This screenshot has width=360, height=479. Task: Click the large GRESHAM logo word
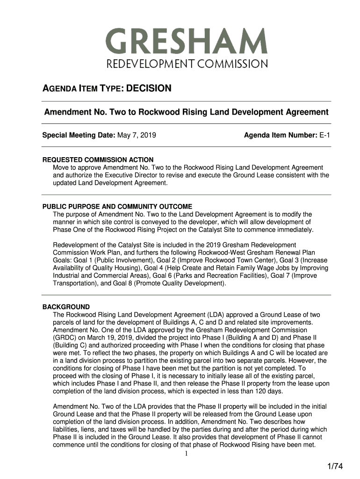pos(186,42)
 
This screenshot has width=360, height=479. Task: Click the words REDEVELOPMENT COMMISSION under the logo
pos(186,64)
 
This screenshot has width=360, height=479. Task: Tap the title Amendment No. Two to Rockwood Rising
pos(186,112)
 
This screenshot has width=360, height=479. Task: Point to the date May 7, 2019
pos(137,136)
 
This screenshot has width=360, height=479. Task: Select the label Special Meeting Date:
pos(79,136)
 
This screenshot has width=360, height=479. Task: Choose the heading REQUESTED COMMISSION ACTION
pos(98,160)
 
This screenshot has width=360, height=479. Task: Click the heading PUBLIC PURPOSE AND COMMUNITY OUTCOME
pos(117,206)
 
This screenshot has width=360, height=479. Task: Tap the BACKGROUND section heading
pos(66,307)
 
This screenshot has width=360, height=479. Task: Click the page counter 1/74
pos(335,466)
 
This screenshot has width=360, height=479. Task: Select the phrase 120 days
pos(293,391)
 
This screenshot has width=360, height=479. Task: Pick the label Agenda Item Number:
pos(281,136)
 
